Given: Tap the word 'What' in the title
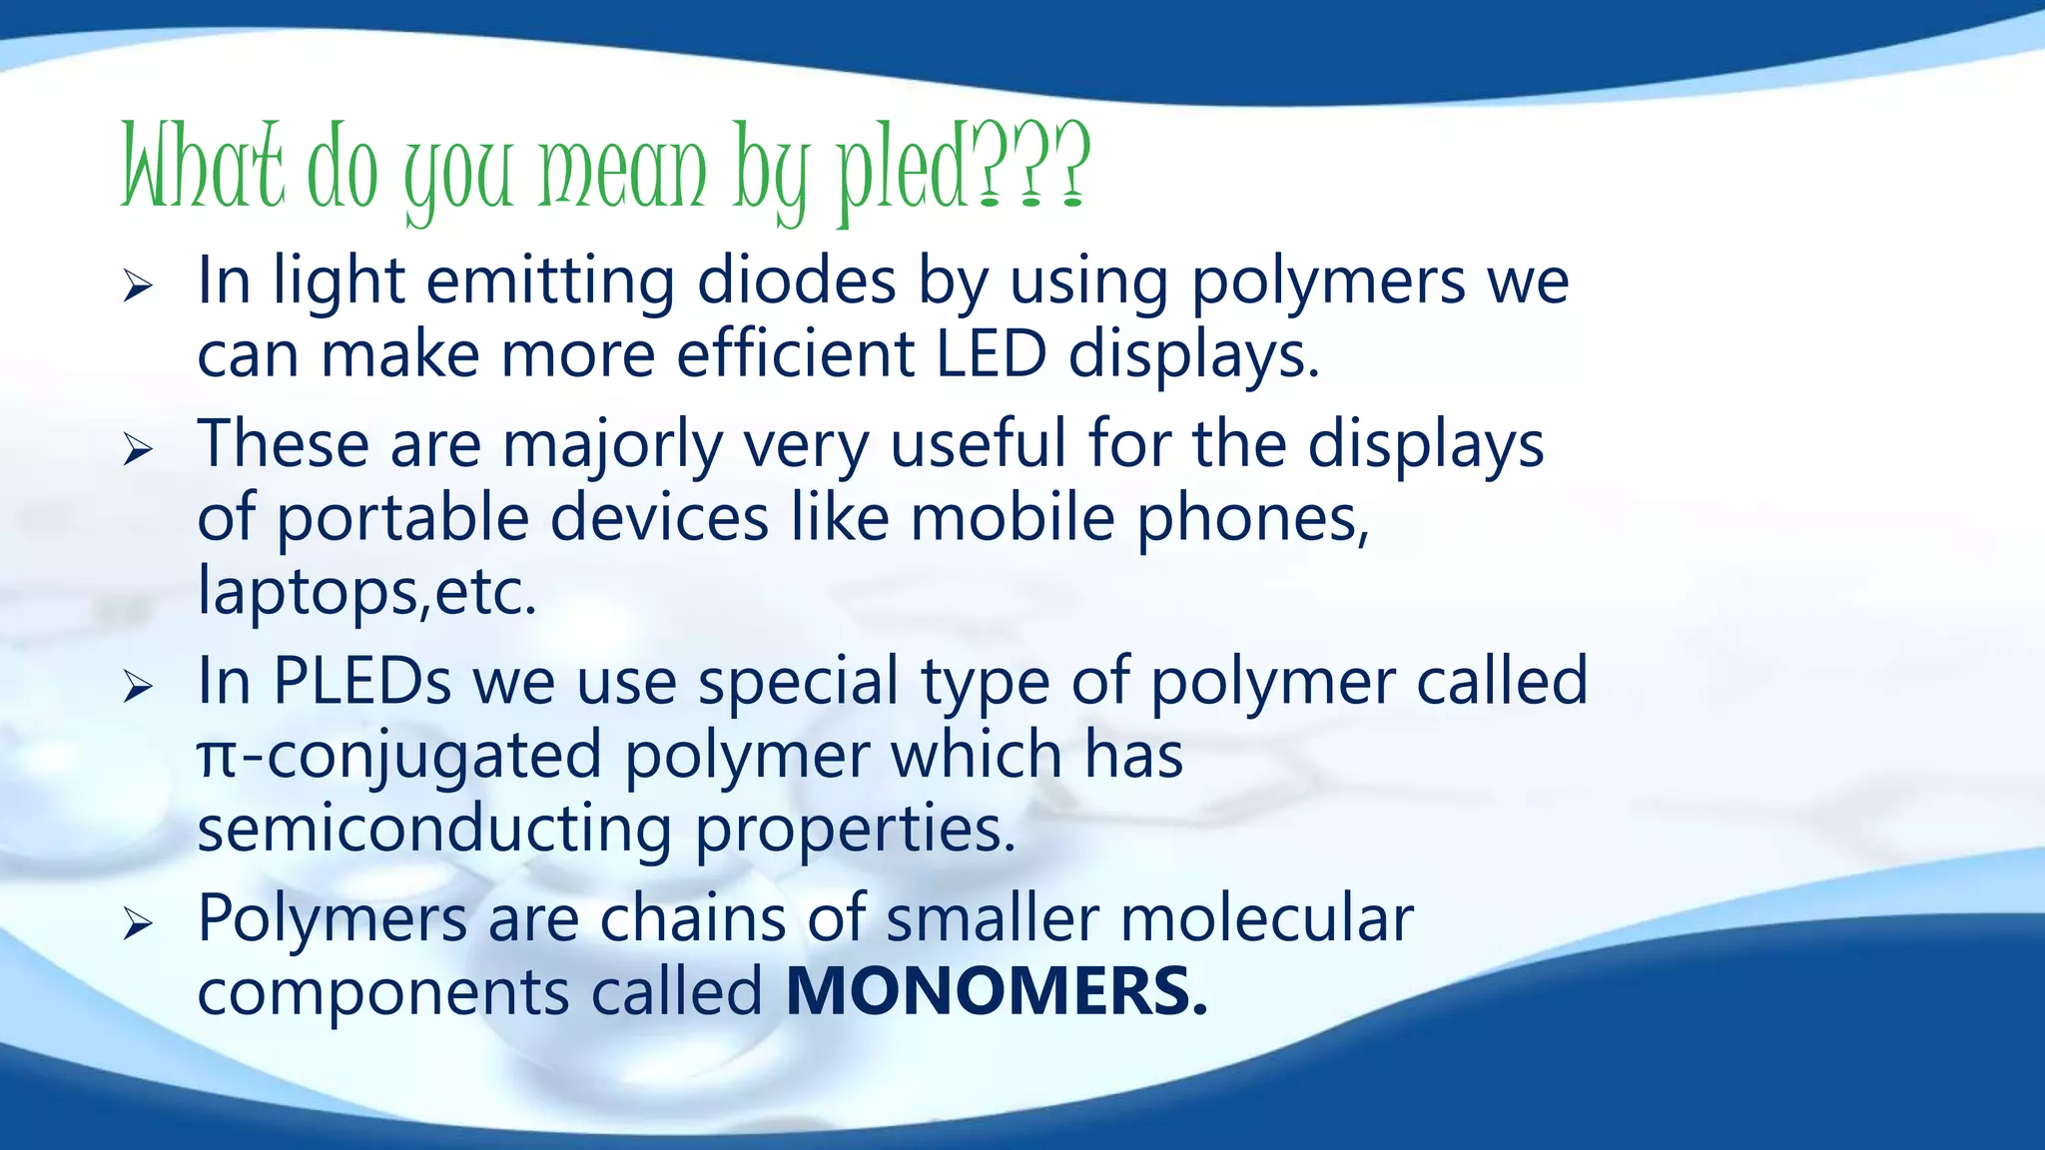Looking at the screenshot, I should click(203, 166).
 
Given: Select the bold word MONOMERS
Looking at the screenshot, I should click(997, 991).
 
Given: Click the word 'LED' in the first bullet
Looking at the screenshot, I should click(992, 354).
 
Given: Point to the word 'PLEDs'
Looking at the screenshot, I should click(362, 682).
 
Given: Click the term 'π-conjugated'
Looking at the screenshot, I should click(399, 756).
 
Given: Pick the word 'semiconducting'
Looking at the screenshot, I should click(434, 830).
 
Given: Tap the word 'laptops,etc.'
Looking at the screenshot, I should click(366, 592).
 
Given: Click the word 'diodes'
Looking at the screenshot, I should click(796, 282).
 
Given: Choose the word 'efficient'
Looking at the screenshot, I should click(795, 354).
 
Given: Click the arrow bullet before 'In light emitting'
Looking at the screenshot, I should click(138, 287).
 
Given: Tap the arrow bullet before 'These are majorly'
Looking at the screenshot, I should click(138, 450).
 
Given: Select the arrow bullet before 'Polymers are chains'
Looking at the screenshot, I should click(138, 924).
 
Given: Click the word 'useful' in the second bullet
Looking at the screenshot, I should click(978, 444).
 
